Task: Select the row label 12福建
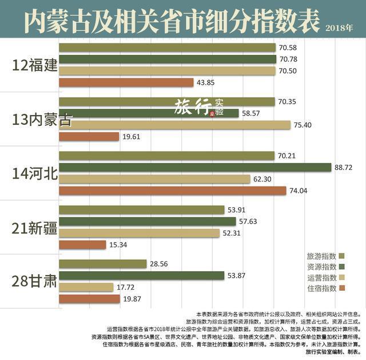(x=35, y=64)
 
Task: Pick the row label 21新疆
(x=35, y=227)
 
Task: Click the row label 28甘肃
(x=35, y=281)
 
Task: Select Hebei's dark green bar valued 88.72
(x=195, y=167)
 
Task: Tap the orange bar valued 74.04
(x=172, y=191)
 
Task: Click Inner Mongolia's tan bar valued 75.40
(x=174, y=125)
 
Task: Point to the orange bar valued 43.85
(x=126, y=82)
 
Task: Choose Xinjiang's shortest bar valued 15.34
(x=82, y=245)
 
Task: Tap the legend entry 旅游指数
(x=321, y=256)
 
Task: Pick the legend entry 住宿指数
(x=321, y=288)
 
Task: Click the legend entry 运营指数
(x=321, y=278)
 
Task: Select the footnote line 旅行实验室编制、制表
(x=332, y=351)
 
